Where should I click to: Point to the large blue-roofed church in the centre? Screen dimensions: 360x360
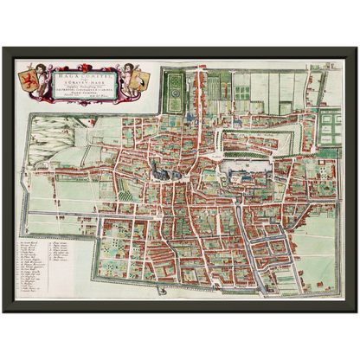pyautogui.click(x=163, y=170)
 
